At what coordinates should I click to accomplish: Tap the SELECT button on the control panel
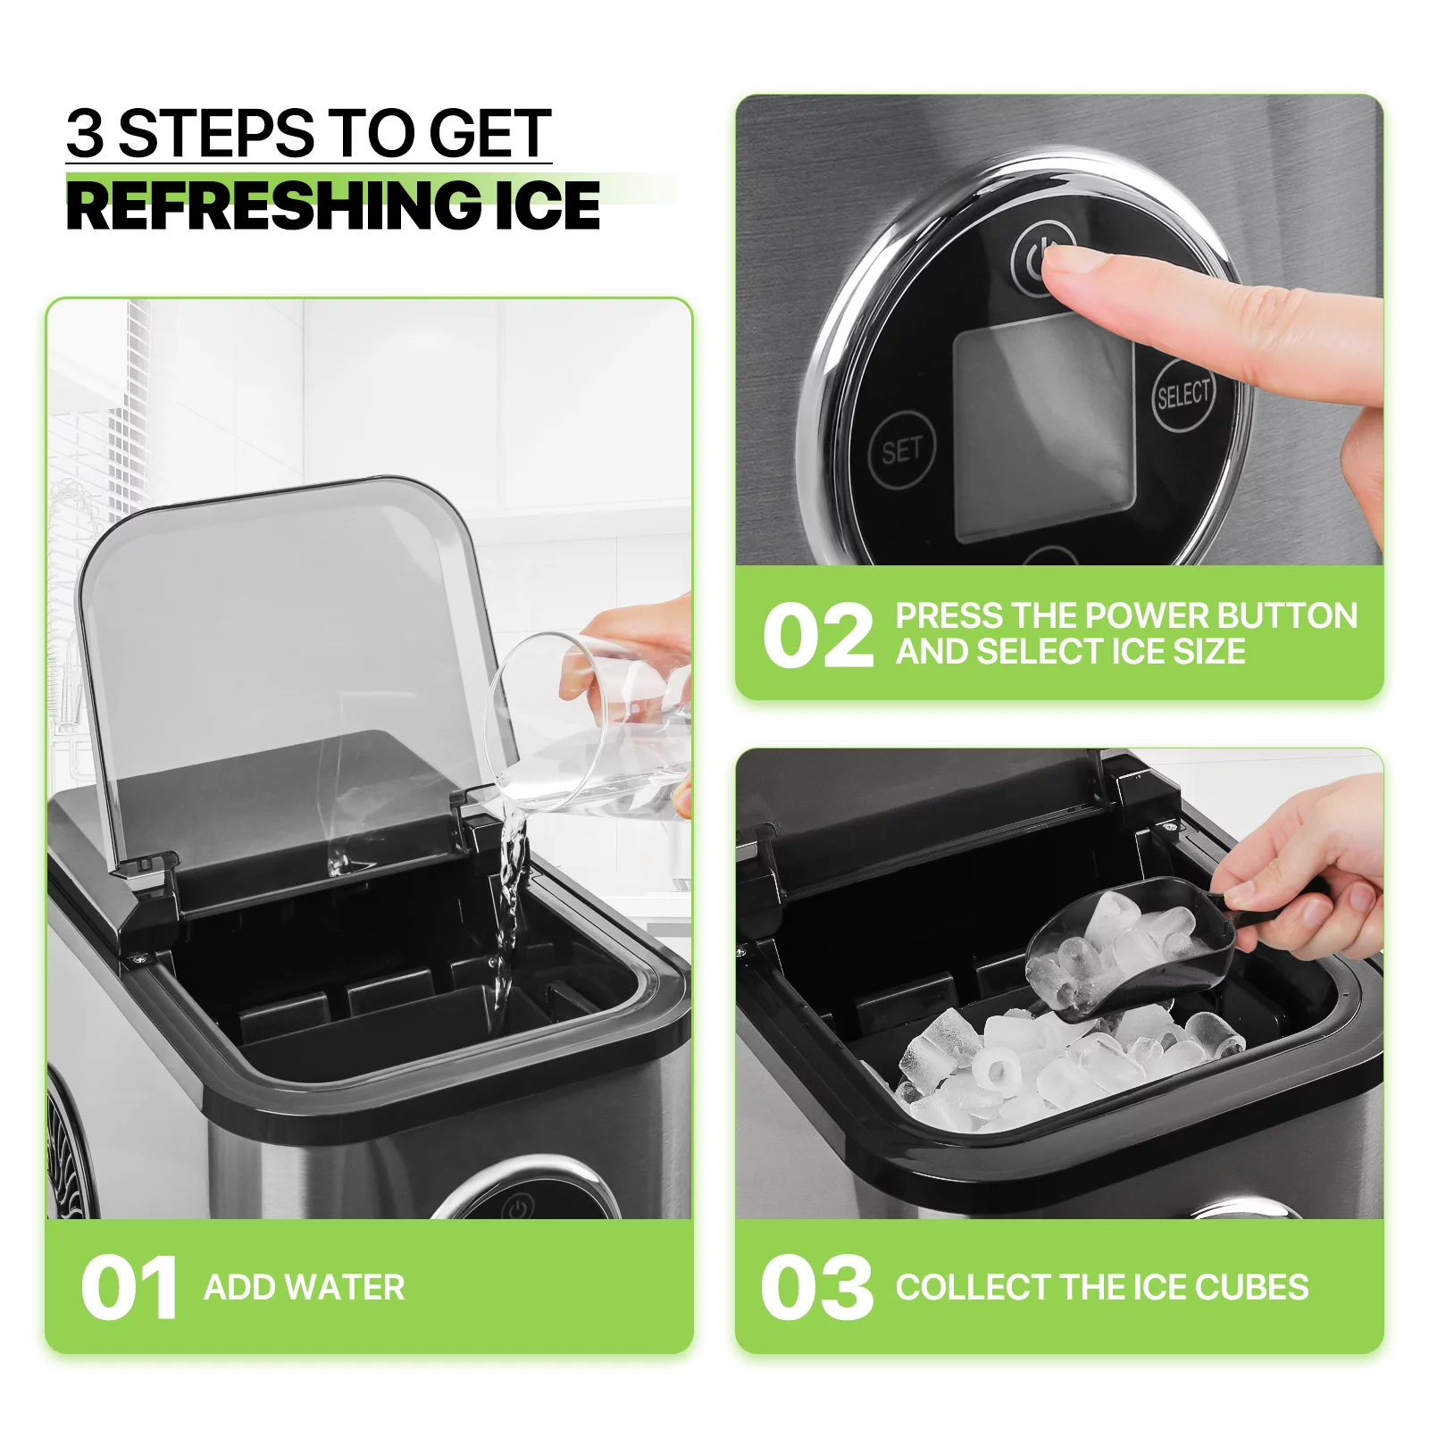point(1182,394)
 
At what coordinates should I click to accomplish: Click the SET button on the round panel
point(901,450)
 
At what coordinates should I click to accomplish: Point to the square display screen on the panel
point(1044,429)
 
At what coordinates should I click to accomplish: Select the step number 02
point(818,635)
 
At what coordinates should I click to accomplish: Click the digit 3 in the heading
point(86,134)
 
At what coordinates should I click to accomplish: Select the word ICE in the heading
point(547,205)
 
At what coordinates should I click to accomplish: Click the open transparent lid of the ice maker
point(286,670)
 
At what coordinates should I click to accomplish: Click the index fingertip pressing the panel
point(1058,260)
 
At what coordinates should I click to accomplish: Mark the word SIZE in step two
point(1208,651)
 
